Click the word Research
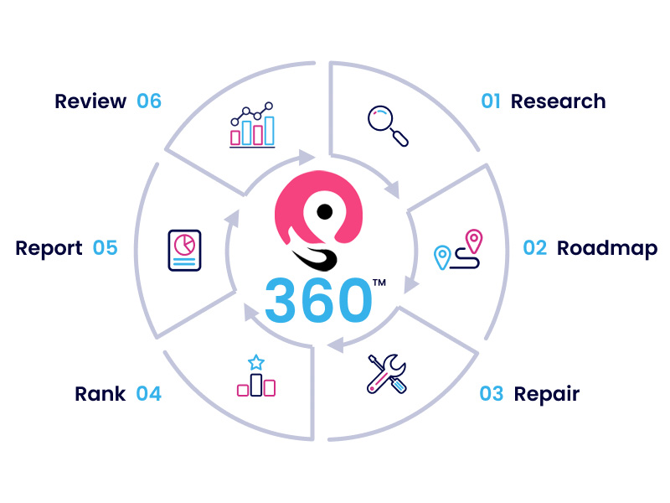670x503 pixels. (558, 101)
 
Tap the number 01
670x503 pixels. (491, 101)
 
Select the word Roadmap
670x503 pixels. (607, 249)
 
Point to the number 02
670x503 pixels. (535, 248)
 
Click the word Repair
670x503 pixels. (547, 395)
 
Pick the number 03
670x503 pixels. (492, 394)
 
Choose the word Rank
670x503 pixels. (100, 394)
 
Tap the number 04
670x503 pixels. (149, 394)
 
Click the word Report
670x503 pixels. (49, 249)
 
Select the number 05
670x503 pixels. (106, 248)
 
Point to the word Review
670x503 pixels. (90, 101)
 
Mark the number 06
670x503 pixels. (149, 101)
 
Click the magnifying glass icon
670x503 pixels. (388, 126)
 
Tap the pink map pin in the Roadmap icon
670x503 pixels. (474, 241)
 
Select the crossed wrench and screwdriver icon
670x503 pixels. (387, 373)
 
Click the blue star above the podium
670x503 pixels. (256, 362)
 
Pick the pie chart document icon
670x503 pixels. (184, 250)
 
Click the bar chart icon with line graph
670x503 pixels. (252, 125)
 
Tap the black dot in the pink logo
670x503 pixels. (325, 211)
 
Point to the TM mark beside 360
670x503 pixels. (379, 283)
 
